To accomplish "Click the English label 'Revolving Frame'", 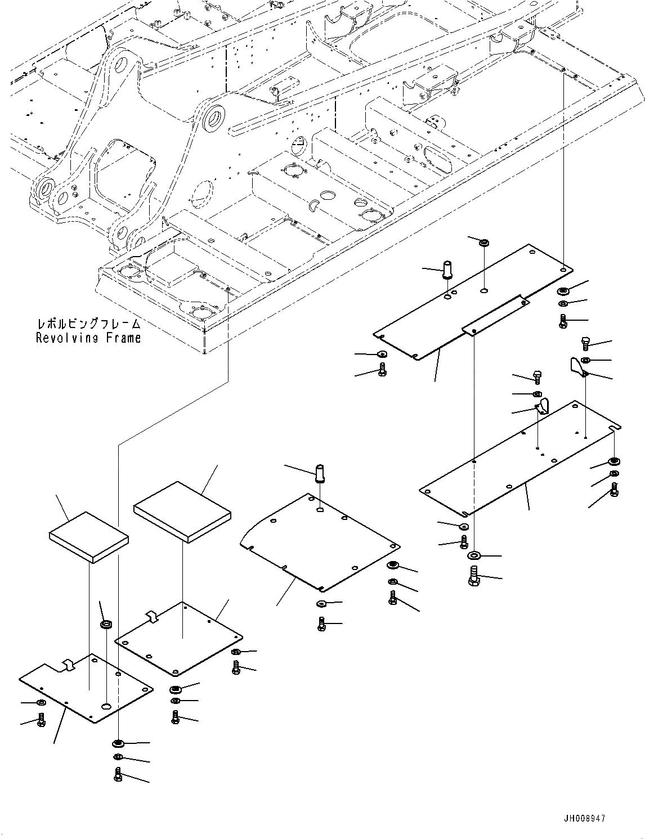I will coord(88,338).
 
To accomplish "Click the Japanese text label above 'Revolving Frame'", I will coord(88,325).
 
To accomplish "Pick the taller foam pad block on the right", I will coord(182,511).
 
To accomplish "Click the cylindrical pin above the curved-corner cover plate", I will coord(321,472).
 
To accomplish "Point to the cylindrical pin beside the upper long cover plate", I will coord(448,268).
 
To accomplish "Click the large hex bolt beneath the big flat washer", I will coord(473,577).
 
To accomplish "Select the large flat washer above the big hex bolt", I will coord(474,556).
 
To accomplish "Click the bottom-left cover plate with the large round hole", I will coord(84,688).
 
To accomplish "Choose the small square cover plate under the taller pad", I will coord(179,639).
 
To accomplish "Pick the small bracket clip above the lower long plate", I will coord(543,406).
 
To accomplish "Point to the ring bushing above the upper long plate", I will coord(483,243).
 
